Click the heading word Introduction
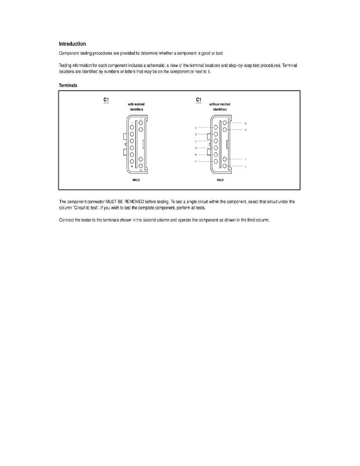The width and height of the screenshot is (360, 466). (x=72, y=44)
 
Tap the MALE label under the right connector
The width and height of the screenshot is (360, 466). (x=220, y=180)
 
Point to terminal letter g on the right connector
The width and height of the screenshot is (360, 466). (x=245, y=123)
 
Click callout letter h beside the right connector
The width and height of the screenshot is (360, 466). (x=245, y=130)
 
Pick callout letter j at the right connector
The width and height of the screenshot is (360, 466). (x=245, y=167)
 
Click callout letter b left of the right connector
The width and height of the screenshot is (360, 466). (x=195, y=134)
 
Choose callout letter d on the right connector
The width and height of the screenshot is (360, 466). (x=195, y=148)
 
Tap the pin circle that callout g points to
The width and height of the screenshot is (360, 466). (x=224, y=123)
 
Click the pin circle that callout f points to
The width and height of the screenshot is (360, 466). (x=216, y=161)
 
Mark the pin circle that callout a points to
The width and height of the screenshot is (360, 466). (x=216, y=127)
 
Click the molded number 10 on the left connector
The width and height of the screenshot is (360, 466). (x=140, y=171)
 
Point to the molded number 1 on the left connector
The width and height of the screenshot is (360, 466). (x=132, y=123)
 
